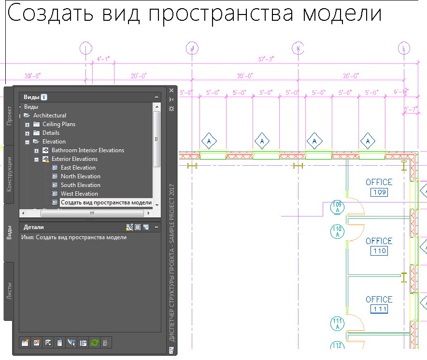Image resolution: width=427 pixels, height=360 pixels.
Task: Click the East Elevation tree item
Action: (x=78, y=168)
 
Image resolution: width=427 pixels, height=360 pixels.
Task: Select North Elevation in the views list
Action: (x=80, y=176)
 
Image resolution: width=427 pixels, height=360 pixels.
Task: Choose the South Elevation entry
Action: (x=80, y=185)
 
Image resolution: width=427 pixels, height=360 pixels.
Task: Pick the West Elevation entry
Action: (x=79, y=194)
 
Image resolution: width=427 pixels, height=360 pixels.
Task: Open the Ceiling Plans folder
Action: (x=58, y=124)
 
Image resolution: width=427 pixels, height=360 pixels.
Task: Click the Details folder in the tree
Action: (x=51, y=133)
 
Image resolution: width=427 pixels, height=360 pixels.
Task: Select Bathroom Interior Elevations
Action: (x=87, y=150)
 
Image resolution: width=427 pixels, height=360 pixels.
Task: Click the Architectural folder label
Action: (x=49, y=115)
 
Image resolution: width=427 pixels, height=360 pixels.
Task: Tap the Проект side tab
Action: (x=9, y=116)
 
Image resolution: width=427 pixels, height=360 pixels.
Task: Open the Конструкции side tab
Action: (x=9, y=174)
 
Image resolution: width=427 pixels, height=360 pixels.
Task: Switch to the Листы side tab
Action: (x=9, y=291)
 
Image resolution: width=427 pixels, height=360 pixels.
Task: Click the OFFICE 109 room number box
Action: (x=379, y=193)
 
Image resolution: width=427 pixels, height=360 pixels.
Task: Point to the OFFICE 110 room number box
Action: (x=379, y=251)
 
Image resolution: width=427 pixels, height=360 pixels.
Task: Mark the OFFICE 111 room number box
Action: (x=379, y=309)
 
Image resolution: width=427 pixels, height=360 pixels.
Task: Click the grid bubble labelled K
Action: (x=298, y=48)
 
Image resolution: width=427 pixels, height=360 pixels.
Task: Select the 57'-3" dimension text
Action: (x=266, y=59)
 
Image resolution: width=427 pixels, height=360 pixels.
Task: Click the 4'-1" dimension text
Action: (x=103, y=59)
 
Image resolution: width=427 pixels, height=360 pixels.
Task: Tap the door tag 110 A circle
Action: (x=337, y=231)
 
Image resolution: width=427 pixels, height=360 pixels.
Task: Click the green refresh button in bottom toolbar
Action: (x=95, y=343)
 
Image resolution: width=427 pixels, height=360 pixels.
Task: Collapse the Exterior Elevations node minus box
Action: (x=37, y=159)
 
